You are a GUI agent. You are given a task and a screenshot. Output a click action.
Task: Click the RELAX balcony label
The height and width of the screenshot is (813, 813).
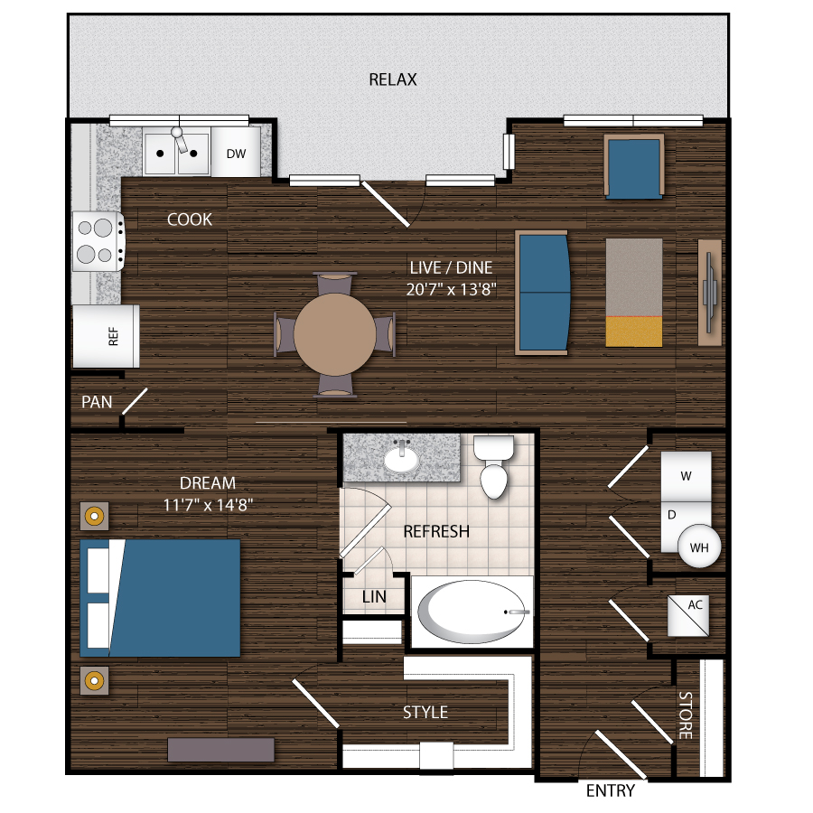[393, 79]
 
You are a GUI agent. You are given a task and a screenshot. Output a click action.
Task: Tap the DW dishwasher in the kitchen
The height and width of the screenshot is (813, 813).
[237, 154]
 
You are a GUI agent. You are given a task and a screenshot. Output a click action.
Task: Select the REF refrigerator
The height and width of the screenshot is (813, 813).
[107, 336]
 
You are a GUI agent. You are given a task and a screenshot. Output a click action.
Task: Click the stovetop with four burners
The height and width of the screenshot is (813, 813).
[98, 241]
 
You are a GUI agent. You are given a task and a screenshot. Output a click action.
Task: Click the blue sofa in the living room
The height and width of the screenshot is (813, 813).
[542, 292]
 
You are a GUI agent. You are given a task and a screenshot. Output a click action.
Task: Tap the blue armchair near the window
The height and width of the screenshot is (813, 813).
[634, 165]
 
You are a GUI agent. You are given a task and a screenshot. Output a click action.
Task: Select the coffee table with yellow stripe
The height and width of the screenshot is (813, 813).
[634, 292]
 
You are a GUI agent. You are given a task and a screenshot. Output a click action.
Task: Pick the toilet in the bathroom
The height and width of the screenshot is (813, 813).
[496, 467]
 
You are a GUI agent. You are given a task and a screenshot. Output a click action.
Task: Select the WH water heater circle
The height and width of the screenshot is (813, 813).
[699, 547]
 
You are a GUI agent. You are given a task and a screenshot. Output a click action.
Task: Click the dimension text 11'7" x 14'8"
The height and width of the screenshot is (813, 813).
[208, 505]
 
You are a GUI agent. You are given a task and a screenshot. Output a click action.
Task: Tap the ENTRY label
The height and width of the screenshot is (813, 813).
[611, 791]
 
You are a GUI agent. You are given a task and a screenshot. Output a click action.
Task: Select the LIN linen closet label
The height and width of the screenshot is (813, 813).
[374, 597]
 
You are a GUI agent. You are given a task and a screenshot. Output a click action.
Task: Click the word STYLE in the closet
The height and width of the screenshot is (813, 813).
[425, 712]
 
